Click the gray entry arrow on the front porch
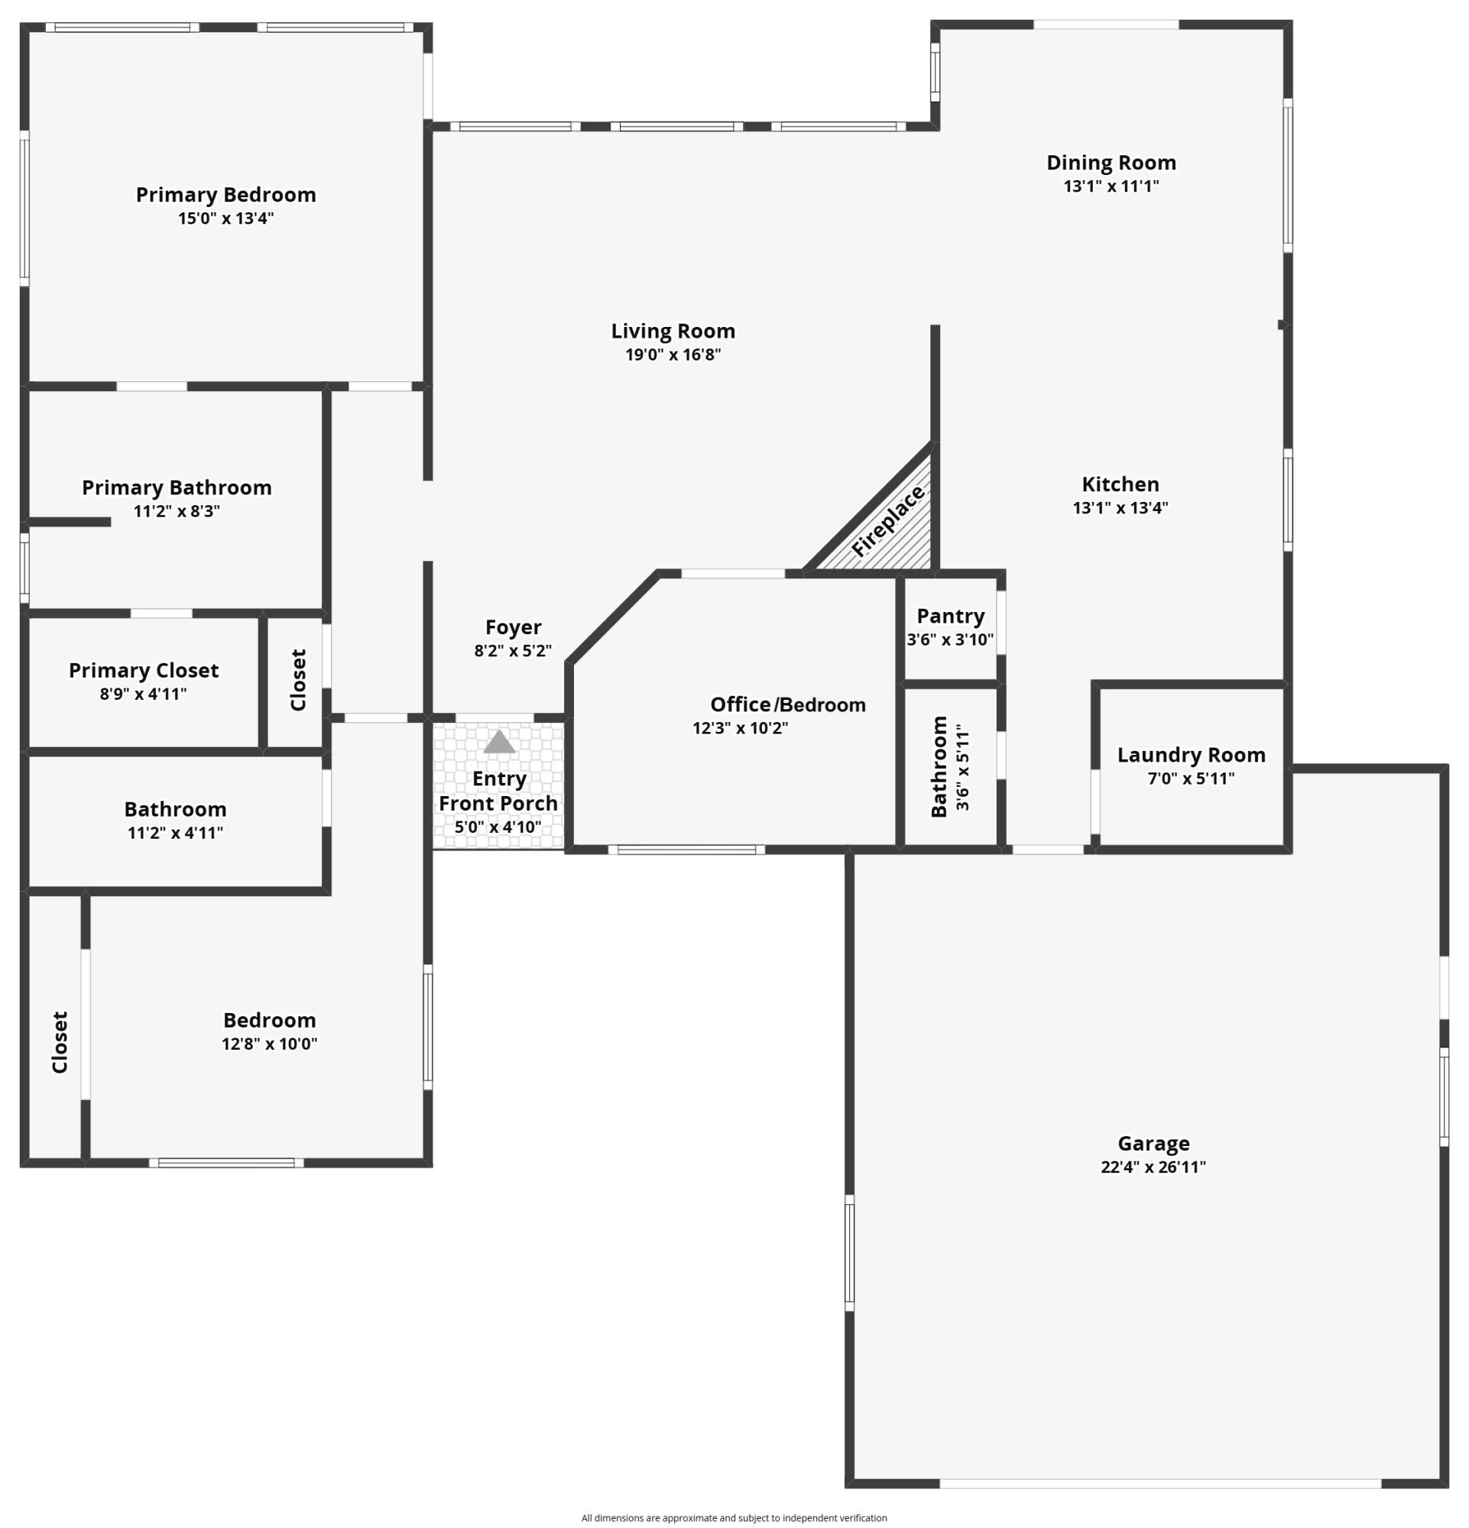(499, 741)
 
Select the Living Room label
(673, 332)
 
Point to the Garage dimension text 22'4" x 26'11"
(1153, 1167)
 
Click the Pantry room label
(951, 616)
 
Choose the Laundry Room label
(1191, 755)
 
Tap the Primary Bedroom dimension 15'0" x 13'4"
(226, 219)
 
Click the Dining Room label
(1111, 163)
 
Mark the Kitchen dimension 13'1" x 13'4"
(1120, 507)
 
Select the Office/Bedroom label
(787, 704)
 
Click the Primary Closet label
(144, 671)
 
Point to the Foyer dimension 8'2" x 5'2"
(513, 650)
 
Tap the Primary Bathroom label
(177, 488)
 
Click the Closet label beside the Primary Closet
(298, 680)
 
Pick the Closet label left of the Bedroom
(60, 1042)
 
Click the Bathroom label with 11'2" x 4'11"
(176, 809)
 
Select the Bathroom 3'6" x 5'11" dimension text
(964, 767)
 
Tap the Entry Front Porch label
(498, 791)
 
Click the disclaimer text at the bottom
(734, 1518)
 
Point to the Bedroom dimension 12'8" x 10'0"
(270, 1044)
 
